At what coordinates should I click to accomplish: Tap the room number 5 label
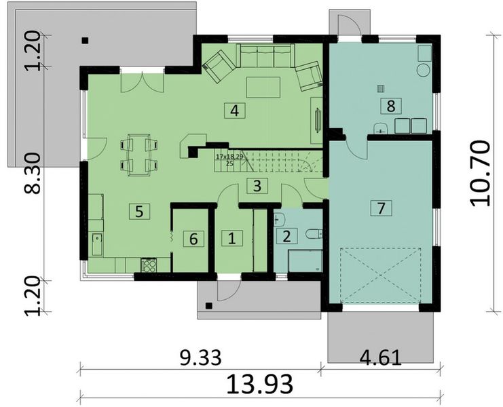click(x=138, y=211)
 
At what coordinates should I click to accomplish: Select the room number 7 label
click(x=381, y=208)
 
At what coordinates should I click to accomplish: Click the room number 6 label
click(x=193, y=238)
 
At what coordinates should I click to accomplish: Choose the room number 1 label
click(x=231, y=238)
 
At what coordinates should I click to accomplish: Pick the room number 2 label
click(x=286, y=236)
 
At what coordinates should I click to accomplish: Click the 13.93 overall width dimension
click(x=261, y=384)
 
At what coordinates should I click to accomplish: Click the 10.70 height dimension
click(x=479, y=173)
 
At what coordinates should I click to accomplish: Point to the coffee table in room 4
click(x=263, y=88)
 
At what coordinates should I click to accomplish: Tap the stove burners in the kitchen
click(x=147, y=263)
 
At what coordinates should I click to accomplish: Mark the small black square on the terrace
click(x=84, y=41)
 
